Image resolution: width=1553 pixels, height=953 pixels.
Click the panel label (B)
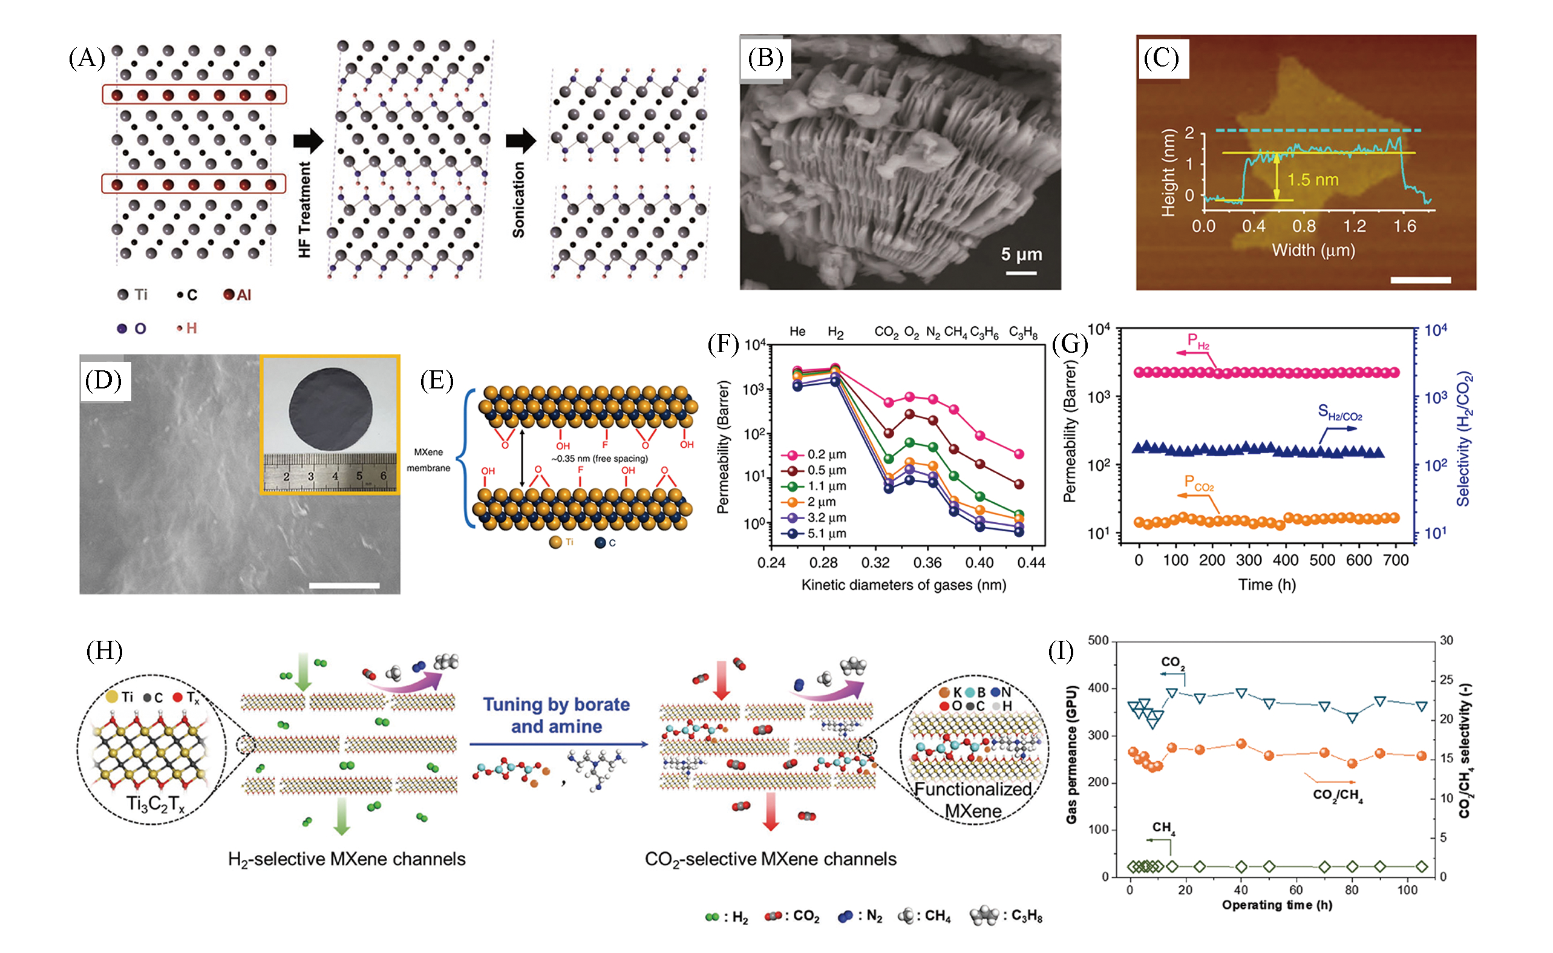[x=765, y=58]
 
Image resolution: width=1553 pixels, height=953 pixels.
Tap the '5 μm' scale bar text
[x=1021, y=255]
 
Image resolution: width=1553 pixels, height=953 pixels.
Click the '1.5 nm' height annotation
[x=1312, y=180]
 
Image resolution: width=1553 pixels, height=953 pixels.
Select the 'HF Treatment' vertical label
[x=304, y=209]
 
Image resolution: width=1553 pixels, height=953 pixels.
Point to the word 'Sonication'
[x=518, y=200]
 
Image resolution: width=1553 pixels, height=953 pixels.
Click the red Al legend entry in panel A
[x=238, y=295]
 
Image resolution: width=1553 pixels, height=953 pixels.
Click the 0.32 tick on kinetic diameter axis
[x=875, y=563]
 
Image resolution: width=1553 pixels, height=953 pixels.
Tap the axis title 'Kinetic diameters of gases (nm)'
[x=903, y=585]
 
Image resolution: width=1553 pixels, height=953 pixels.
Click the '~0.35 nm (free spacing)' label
[x=600, y=459]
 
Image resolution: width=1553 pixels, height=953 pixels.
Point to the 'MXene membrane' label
[x=428, y=460]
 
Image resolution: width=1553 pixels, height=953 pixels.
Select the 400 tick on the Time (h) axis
[x=1285, y=560]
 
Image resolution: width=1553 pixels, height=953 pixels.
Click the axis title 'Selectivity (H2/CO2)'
[x=1463, y=439]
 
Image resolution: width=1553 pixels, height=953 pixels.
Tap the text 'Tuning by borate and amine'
[x=556, y=715]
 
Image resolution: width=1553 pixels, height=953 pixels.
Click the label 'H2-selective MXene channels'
[x=347, y=859]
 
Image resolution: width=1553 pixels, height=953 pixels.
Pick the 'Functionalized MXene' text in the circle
[x=973, y=799]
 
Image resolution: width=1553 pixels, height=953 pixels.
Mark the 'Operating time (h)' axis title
[x=1277, y=905]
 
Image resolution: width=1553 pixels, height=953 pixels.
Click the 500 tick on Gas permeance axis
[x=1097, y=640]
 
